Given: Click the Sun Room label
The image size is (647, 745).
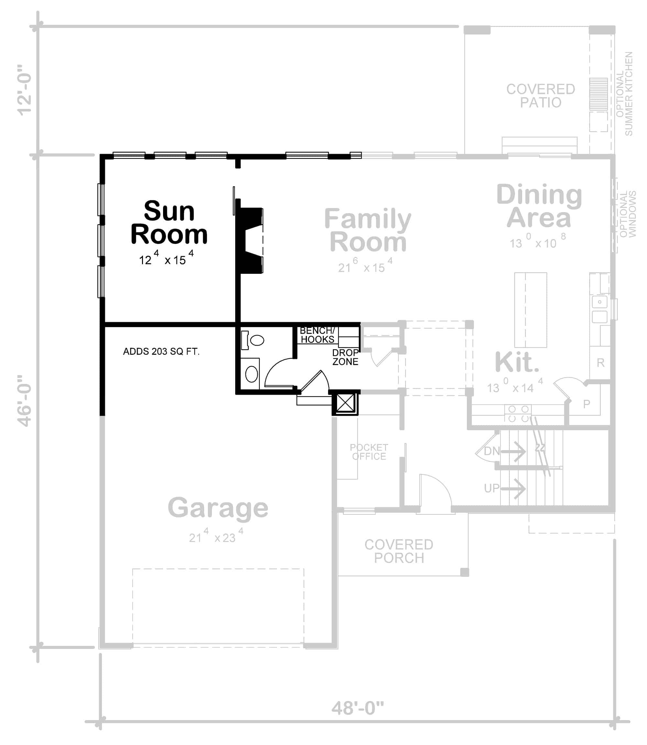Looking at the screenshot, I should tap(169, 222).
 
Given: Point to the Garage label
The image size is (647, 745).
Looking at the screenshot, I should tap(218, 508).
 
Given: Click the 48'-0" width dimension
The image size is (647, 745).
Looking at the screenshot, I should tap(357, 708).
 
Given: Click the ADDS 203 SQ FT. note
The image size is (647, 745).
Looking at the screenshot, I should tap(161, 351).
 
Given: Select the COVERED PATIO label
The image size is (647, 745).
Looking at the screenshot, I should tap(541, 96).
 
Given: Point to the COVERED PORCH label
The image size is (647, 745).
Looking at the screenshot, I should tap(399, 551).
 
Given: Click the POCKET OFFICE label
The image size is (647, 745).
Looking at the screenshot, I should tap(369, 452).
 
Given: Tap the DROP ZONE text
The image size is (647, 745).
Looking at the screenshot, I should tap(345, 357).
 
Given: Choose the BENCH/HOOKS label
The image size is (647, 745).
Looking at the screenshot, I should tap(317, 335).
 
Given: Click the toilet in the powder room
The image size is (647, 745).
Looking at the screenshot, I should tap(255, 340).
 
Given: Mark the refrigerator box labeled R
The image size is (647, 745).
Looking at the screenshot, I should tap(600, 363).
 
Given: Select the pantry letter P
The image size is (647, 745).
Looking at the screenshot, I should tap(587, 404).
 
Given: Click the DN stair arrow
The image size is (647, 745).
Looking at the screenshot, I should tap(513, 451).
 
